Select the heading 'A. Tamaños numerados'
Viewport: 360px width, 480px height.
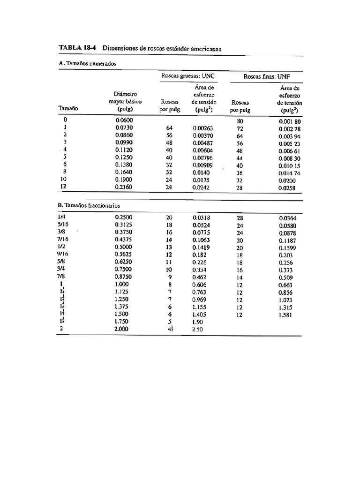pos(84,63)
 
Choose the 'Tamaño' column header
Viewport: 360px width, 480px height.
pos(68,108)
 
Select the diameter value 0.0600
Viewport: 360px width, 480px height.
pos(125,120)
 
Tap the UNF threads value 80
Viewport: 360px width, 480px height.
pos(240,120)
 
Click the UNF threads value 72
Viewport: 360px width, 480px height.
pos(240,127)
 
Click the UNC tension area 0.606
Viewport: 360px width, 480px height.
pos(199,285)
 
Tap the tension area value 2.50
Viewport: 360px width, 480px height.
pos(198,330)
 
